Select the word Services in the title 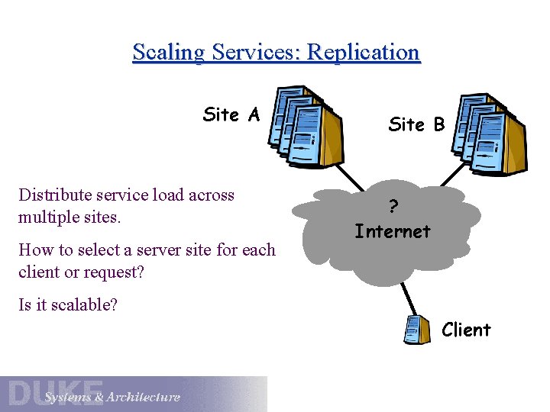[x=257, y=53]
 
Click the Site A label [x=231, y=114]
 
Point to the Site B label [x=416, y=124]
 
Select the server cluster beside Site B [x=489, y=134]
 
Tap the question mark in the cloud [x=393, y=207]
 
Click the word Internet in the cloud [x=393, y=230]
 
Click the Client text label [x=466, y=330]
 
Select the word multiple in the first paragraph [x=48, y=217]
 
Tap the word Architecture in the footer [x=144, y=397]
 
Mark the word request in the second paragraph [x=95, y=272]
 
